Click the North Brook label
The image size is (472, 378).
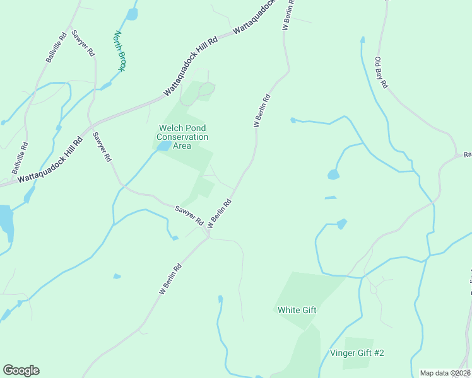coord(119,51)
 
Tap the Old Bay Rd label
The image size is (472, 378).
coord(382,72)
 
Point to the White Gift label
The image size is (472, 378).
coord(297,310)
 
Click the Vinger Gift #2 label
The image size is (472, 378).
coord(357,353)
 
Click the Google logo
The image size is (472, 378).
coord(21,370)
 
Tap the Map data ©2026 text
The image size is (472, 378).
coord(445,373)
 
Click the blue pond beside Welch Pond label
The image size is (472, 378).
coord(163,146)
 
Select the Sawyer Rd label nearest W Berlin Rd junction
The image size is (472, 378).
coord(189,216)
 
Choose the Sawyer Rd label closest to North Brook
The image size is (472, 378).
coord(83,43)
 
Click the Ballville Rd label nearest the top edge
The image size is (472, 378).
coord(56,48)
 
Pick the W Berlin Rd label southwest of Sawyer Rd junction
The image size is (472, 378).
coord(170,279)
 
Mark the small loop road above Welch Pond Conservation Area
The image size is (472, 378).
coord(206,91)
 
